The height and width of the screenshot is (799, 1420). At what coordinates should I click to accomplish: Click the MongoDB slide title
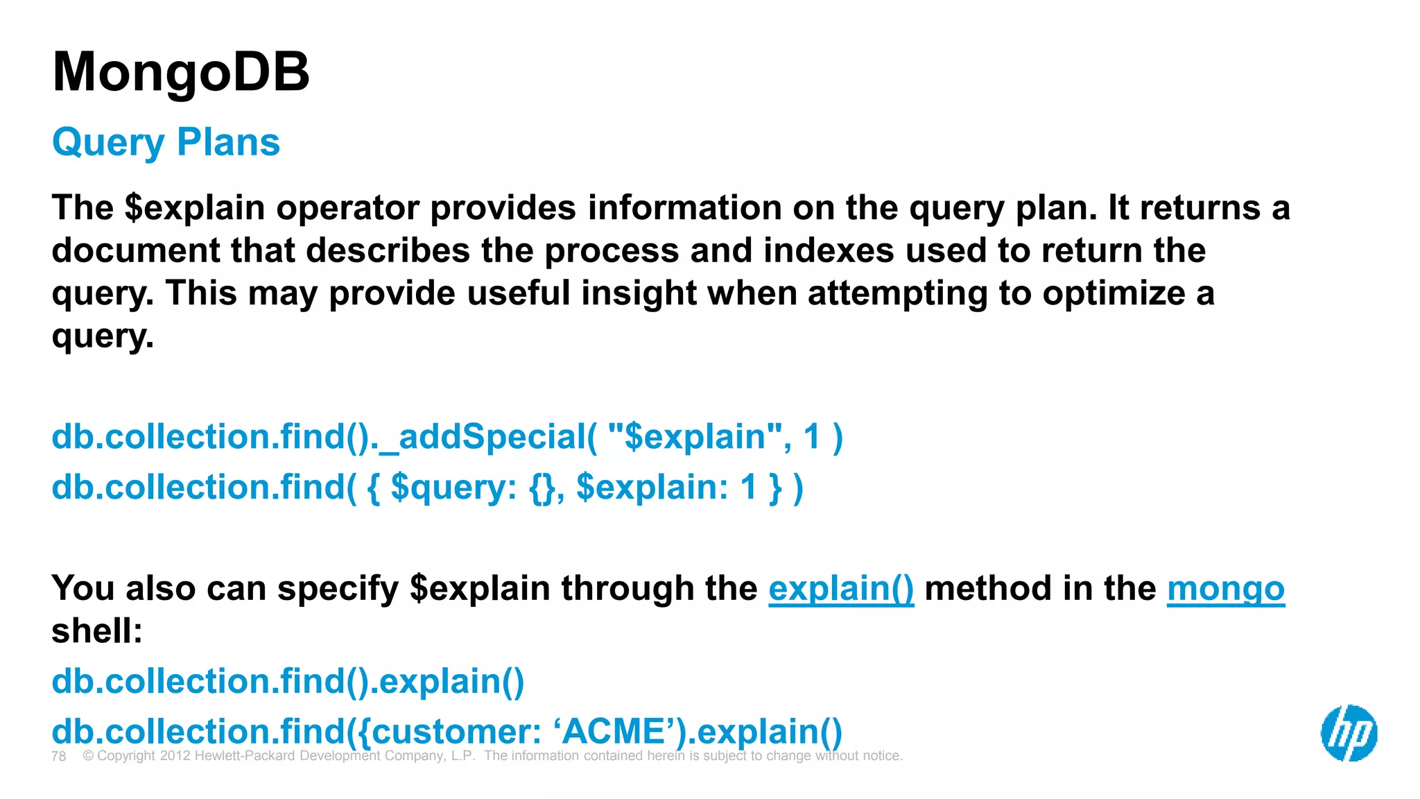tap(181, 72)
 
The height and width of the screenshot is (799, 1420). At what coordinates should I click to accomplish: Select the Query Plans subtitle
tap(166, 142)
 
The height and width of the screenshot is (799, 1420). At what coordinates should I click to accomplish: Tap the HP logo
tap(1349, 733)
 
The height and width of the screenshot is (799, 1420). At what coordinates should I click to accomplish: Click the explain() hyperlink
tap(840, 589)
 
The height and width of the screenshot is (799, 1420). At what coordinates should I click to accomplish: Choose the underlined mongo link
tap(1225, 589)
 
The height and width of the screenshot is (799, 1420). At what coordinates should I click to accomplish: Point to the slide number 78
tap(59, 756)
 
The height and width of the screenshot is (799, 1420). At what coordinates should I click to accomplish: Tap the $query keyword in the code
tap(453, 487)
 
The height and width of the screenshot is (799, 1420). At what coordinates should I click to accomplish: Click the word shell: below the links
tap(97, 631)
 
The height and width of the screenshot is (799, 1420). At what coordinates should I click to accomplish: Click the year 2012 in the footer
tap(175, 756)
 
